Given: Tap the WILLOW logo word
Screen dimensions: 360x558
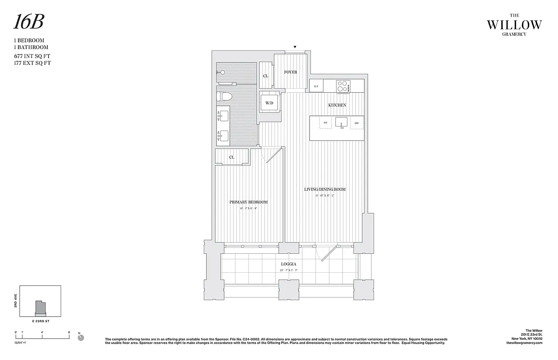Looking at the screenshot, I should (514, 25).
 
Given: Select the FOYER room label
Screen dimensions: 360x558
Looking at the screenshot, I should (290, 72).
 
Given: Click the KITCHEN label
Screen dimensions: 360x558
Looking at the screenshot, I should (337, 105).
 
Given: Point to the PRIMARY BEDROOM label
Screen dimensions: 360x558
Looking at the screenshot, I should (248, 202).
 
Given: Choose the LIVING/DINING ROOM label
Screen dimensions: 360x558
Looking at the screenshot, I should (324, 189).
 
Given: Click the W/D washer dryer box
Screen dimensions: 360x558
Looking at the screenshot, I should (270, 103).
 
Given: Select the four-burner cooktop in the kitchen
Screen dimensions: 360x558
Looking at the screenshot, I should (343, 85).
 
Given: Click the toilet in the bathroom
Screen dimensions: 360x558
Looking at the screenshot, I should (225, 96).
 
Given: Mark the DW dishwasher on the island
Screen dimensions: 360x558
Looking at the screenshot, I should (356, 123).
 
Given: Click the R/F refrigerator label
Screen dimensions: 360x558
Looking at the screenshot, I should (316, 86).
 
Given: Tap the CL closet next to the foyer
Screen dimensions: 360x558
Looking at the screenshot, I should (265, 76).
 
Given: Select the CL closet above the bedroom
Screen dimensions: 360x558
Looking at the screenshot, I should (232, 157).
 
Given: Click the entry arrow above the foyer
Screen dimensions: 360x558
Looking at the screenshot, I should (295, 47).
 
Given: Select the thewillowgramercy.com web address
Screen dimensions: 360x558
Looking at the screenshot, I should (524, 343).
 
